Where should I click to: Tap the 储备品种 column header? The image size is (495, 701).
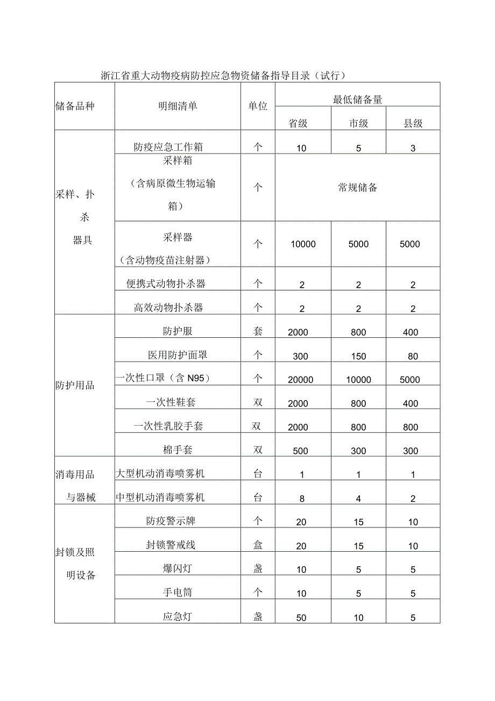pos(75,106)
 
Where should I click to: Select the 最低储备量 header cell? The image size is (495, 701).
pos(358,100)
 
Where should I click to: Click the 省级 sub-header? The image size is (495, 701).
pos(298,123)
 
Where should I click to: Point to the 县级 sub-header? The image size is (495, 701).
pos(413,123)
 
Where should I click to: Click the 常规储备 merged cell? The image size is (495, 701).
pos(358,188)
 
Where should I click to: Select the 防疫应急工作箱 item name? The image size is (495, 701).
pos(168,147)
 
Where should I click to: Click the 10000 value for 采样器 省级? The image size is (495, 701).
pos(303,244)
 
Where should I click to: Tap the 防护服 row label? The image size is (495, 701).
pos(178,331)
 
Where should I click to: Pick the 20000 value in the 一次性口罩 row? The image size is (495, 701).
pos(300,379)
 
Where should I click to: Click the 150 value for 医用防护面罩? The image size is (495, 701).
pos(358,356)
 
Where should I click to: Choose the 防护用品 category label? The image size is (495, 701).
pos(75,385)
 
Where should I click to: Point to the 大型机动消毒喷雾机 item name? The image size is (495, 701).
pos(160,474)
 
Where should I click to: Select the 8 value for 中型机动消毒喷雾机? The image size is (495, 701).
pos(302,499)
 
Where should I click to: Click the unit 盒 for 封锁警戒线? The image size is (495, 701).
pos(258,545)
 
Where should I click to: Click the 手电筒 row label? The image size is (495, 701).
pos(178,593)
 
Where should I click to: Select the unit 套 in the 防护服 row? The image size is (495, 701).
pos(258,331)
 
